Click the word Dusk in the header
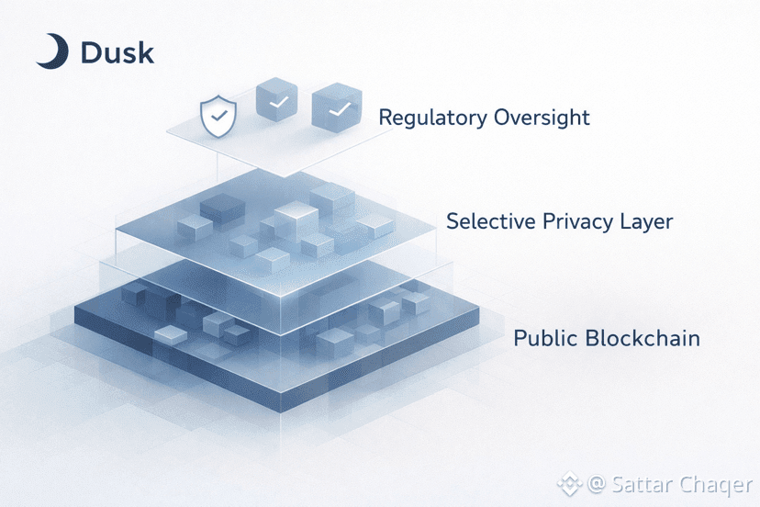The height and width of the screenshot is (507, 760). [117, 52]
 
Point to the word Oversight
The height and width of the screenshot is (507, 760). [542, 118]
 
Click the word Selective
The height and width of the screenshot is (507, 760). [486, 221]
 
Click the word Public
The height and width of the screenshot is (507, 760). [545, 338]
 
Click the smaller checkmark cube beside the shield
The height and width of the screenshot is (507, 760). [277, 104]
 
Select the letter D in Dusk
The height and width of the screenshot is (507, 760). [90, 52]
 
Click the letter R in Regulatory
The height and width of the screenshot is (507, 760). [386, 118]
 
